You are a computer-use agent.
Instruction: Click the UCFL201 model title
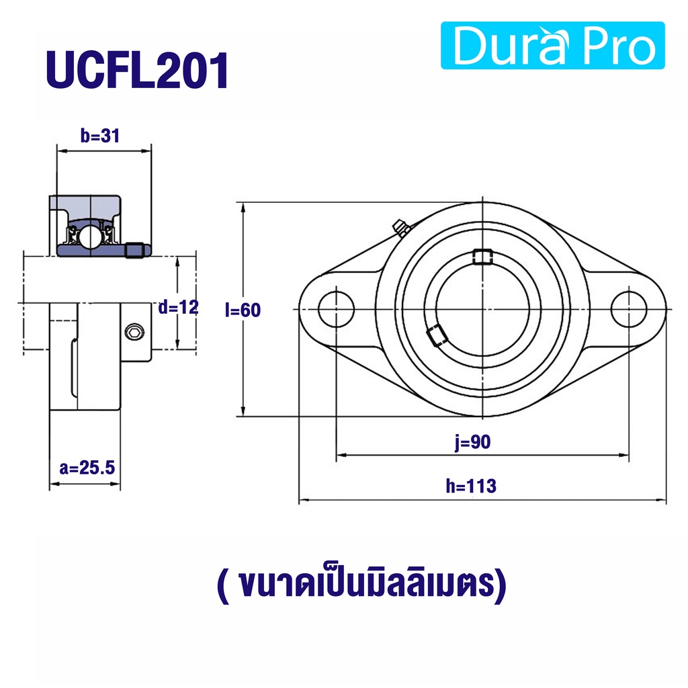click(137, 71)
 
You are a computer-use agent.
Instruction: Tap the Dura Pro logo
click(552, 45)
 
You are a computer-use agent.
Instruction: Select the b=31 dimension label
click(100, 136)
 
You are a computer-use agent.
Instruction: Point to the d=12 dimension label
click(178, 307)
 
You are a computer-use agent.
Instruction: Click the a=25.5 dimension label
click(87, 468)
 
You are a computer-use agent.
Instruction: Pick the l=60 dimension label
click(243, 310)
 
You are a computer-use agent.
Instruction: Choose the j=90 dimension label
click(472, 442)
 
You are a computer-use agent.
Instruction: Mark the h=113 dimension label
click(471, 486)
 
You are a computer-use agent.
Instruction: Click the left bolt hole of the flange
click(336, 309)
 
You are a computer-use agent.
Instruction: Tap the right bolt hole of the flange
click(629, 309)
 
